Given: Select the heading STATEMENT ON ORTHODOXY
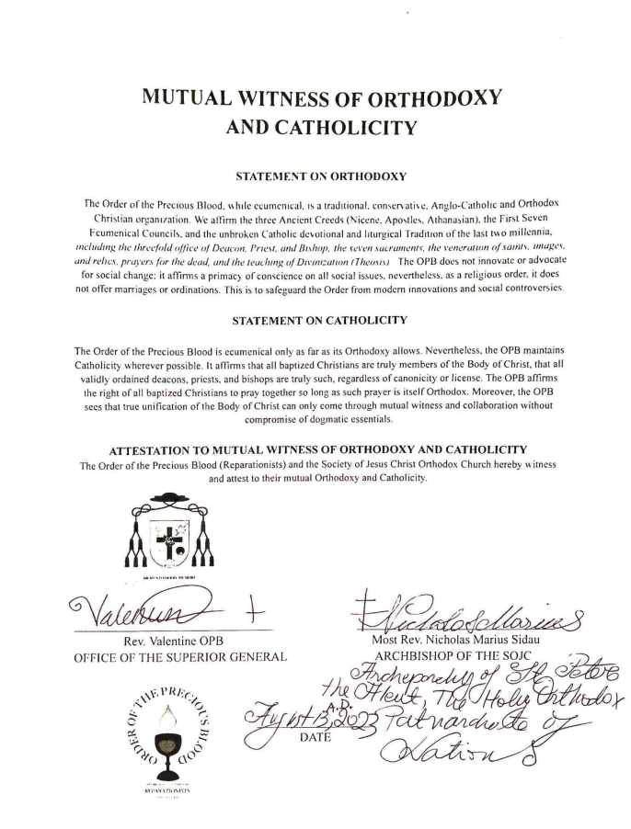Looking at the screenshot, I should click(x=315, y=175).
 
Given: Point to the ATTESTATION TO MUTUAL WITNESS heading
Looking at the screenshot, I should click(x=317, y=449).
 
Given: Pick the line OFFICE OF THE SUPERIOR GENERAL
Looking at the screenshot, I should click(x=180, y=656).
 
